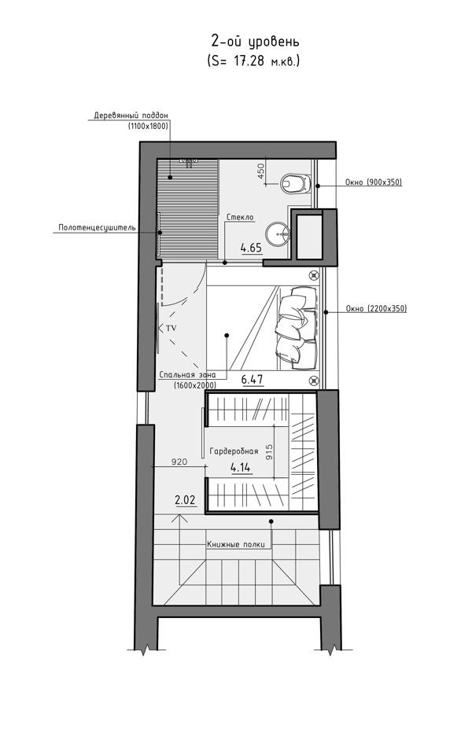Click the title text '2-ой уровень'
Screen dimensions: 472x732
(x=255, y=41)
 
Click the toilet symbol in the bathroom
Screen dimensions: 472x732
(x=296, y=183)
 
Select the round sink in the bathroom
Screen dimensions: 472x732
(x=278, y=233)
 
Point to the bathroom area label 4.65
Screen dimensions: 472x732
(x=251, y=248)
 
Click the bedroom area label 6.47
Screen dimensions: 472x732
(x=252, y=380)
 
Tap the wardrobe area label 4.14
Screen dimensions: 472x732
(x=241, y=467)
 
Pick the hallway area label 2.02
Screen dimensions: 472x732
(x=185, y=500)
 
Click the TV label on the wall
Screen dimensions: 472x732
(x=171, y=328)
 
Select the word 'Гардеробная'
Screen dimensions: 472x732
(x=234, y=451)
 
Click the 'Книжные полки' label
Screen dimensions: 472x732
(x=236, y=544)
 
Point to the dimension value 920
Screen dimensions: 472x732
(x=179, y=462)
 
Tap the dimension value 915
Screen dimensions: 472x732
(x=269, y=452)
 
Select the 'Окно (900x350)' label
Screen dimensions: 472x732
(x=374, y=182)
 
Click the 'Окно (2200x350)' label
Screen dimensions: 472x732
(x=376, y=308)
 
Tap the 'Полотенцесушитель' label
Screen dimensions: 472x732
(x=97, y=228)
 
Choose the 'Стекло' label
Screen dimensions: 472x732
(x=240, y=217)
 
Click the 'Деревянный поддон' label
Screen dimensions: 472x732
(x=131, y=115)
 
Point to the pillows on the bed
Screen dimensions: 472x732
(x=297, y=326)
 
